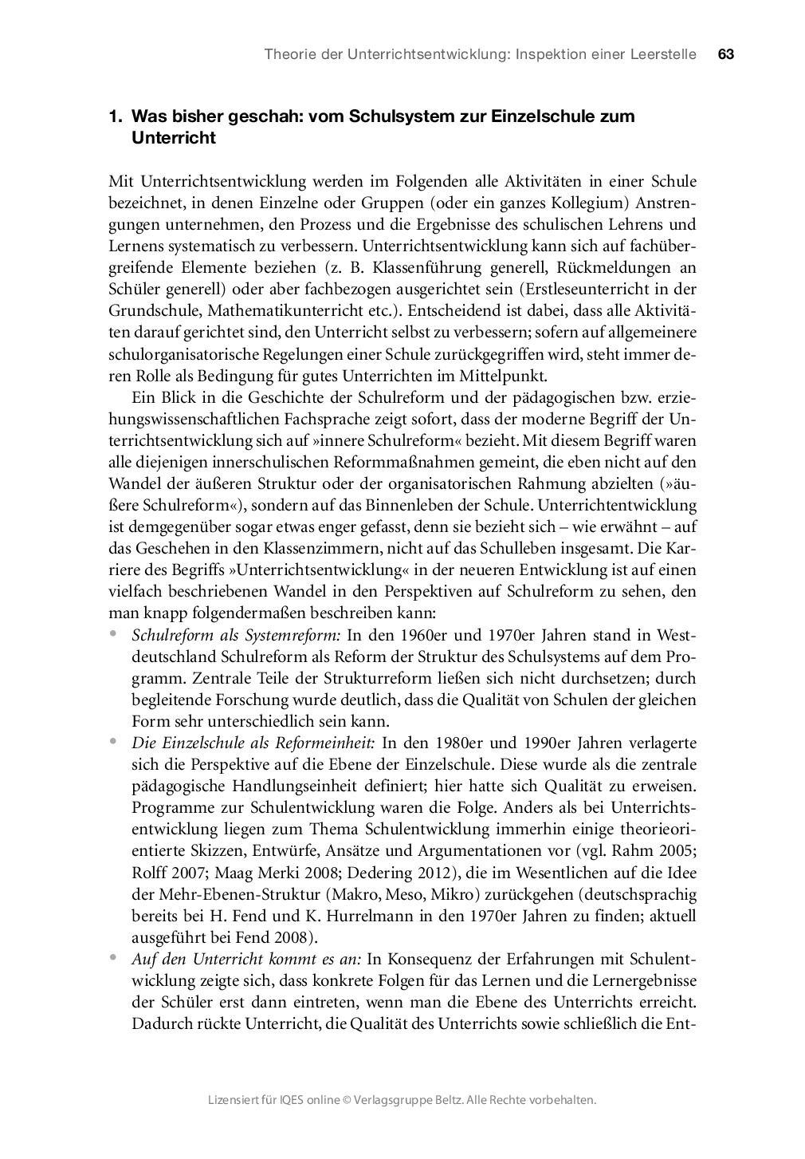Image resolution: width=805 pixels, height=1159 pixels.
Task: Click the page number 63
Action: point(725,54)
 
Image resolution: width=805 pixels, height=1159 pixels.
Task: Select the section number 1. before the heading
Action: point(116,116)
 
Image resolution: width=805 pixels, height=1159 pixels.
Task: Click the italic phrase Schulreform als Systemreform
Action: point(236,635)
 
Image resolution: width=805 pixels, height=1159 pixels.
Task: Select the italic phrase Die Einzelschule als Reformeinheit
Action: point(253,743)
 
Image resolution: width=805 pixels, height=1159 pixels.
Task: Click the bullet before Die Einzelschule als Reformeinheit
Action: point(114,741)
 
